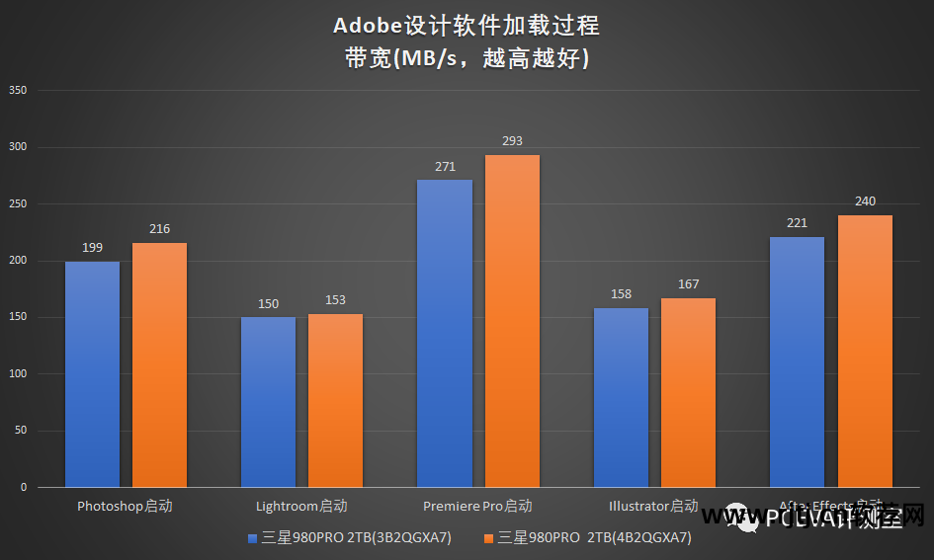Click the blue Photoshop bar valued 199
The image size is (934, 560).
(92, 374)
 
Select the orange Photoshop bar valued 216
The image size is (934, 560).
(159, 365)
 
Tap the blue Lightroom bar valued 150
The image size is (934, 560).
(268, 402)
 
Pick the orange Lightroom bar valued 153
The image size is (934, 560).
(335, 400)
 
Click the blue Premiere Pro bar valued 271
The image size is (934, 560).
(445, 334)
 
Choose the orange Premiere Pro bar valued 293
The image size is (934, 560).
(512, 321)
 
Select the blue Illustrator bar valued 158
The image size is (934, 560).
(621, 398)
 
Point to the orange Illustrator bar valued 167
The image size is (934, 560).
(688, 393)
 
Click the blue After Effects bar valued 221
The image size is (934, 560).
(797, 361)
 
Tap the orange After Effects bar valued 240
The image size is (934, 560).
(865, 352)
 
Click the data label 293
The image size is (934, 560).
(512, 141)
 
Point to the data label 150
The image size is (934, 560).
(268, 303)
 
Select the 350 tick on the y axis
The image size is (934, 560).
(18, 91)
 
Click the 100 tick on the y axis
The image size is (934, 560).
(18, 374)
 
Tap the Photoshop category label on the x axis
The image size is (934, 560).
(125, 507)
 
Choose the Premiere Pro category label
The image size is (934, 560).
(477, 507)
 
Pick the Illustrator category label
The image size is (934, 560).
(653, 507)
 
